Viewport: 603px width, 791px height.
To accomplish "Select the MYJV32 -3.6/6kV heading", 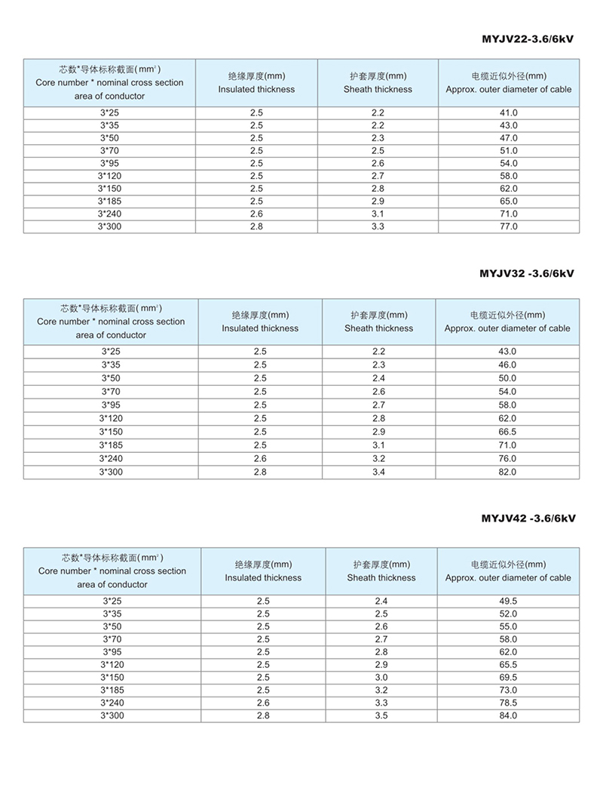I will (527, 274).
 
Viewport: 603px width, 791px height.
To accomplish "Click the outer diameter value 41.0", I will (508, 112).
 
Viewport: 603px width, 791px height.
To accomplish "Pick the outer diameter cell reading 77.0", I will (508, 226).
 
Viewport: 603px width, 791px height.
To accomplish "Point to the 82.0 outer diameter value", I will (507, 472).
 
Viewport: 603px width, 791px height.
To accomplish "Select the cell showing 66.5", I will (507, 432).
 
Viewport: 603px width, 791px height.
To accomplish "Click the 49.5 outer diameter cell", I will (508, 601).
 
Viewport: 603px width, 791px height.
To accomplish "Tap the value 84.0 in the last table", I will (508, 715).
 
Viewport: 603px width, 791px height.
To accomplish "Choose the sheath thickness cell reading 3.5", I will (381, 715).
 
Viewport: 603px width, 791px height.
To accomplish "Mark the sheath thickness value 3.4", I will (378, 472).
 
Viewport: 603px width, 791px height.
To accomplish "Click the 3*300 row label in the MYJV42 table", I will (112, 715).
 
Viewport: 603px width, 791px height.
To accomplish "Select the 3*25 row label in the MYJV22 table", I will (109, 112).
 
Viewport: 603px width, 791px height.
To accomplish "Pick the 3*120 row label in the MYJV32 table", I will (111, 418).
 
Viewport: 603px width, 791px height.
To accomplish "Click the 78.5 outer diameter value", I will (508, 702).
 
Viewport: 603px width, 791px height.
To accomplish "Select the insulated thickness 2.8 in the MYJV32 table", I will (260, 472).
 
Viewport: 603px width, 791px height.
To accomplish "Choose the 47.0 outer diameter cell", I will (508, 138).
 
